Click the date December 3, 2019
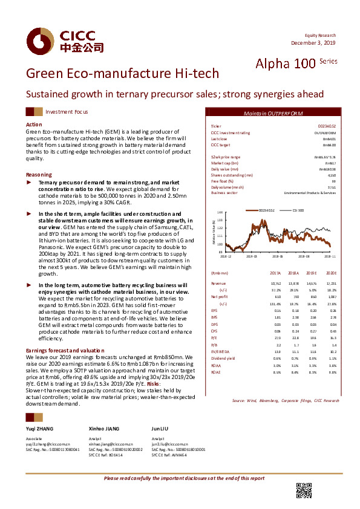click(x=313, y=42)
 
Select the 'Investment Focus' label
click(x=67, y=112)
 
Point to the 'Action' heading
click(x=34, y=124)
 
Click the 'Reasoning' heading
click(x=39, y=174)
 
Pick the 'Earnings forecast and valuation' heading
click(x=61, y=351)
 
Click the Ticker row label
click(x=215, y=126)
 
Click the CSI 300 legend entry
click(x=298, y=210)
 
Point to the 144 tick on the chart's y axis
click(x=220, y=213)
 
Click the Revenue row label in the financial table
click(x=218, y=282)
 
